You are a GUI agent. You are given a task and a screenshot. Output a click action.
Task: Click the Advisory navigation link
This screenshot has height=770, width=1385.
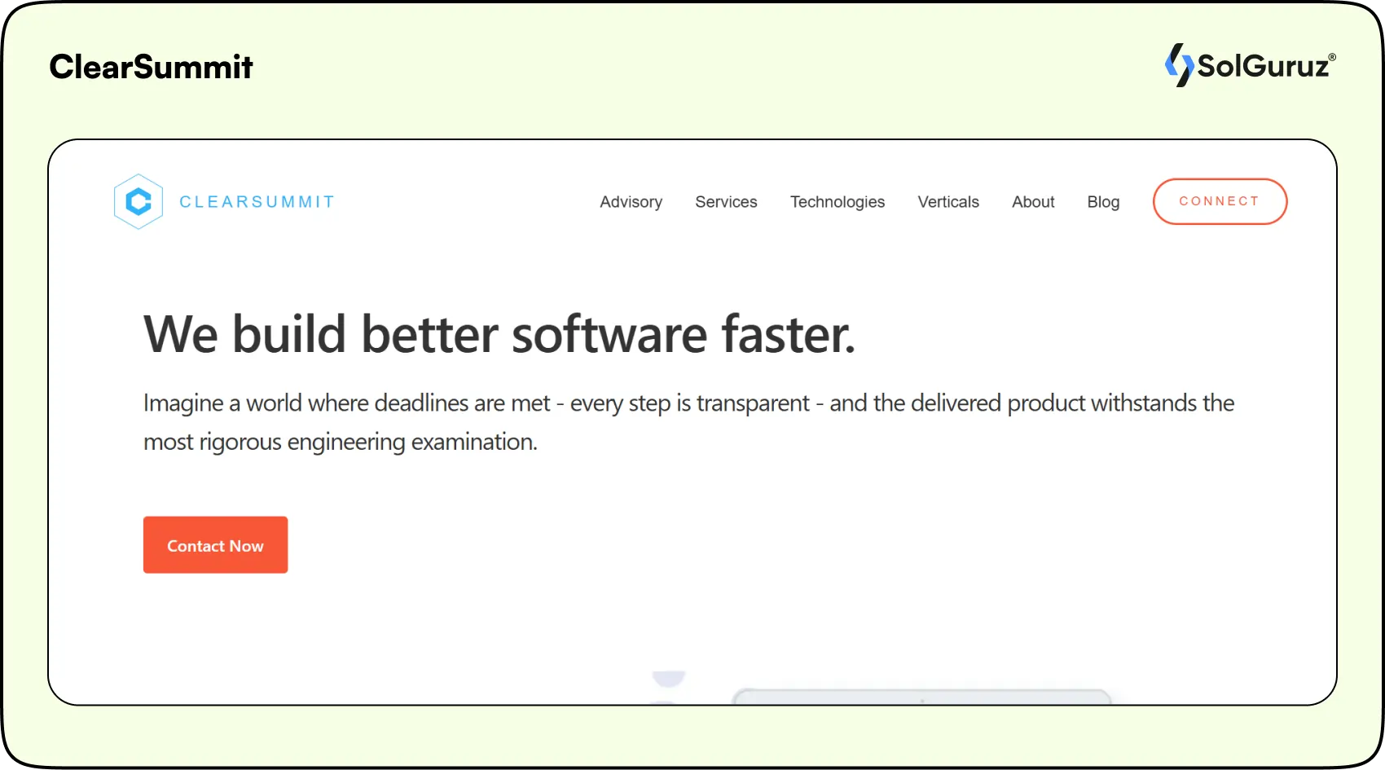(x=631, y=202)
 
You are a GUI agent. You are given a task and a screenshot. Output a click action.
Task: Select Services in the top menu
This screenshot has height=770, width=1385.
(x=726, y=202)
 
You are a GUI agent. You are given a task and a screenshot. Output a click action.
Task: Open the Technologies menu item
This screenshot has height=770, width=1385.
(x=838, y=202)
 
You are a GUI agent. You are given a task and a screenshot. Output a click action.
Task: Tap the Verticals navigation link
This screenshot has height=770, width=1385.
(x=948, y=202)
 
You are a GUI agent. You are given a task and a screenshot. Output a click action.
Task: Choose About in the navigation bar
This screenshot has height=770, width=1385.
(x=1032, y=202)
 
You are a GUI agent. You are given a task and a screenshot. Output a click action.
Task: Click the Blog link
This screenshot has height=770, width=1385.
(x=1103, y=202)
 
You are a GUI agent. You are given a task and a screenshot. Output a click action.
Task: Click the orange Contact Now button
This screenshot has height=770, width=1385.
(x=215, y=545)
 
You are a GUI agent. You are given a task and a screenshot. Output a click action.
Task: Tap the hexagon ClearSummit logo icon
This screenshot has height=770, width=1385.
(x=138, y=201)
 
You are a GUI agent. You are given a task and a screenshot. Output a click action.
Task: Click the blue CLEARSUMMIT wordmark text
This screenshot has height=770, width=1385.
(x=257, y=201)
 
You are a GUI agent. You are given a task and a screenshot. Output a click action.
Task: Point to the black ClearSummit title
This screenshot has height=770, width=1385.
(x=151, y=66)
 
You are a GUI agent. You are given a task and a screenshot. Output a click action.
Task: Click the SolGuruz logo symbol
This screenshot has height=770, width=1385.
(x=1179, y=65)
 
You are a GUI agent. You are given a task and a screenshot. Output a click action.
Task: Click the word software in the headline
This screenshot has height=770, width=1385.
(x=609, y=334)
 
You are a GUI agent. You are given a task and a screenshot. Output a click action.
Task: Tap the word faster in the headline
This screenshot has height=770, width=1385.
(x=789, y=334)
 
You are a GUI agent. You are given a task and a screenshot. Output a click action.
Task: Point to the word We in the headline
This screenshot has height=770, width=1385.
(x=181, y=334)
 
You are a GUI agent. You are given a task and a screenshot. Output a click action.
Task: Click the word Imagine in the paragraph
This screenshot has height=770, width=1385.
(x=183, y=404)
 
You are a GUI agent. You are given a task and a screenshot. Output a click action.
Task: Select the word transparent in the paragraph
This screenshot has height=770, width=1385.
(x=753, y=404)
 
